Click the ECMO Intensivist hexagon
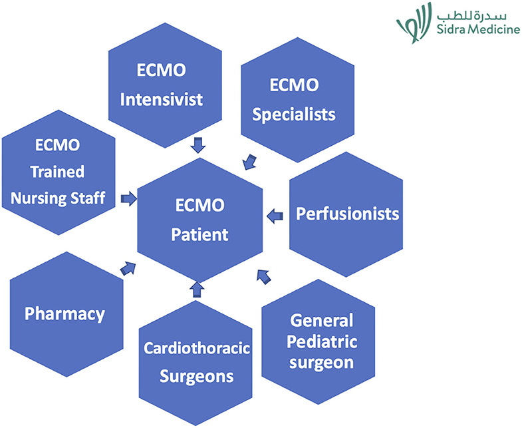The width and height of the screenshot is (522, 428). tap(165, 85)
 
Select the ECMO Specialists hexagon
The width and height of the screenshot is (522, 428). tap(298, 100)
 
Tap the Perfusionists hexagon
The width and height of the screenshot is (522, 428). tap(346, 214)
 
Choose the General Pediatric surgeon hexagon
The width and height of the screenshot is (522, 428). tap(319, 342)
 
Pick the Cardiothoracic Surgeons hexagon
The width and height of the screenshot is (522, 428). tap(196, 363)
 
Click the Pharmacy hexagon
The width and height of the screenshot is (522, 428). tap(66, 314)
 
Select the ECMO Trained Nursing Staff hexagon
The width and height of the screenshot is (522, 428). tap(59, 172)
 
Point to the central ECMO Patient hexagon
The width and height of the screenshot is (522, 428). tap(200, 220)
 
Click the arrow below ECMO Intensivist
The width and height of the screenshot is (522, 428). tap(198, 145)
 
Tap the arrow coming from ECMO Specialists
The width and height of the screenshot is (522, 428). tap(249, 162)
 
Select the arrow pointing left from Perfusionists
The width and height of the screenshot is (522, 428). tap(275, 216)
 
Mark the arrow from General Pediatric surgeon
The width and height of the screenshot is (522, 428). tap(264, 277)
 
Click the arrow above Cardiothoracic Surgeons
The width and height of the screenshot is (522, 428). tap(197, 290)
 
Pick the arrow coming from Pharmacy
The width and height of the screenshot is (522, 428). tap(128, 268)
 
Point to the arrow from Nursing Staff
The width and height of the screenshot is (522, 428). tap(129, 198)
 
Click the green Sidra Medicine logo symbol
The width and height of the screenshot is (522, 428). tap(414, 23)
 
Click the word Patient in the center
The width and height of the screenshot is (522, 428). tap(199, 235)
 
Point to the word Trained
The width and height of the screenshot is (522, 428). tap(58, 172)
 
